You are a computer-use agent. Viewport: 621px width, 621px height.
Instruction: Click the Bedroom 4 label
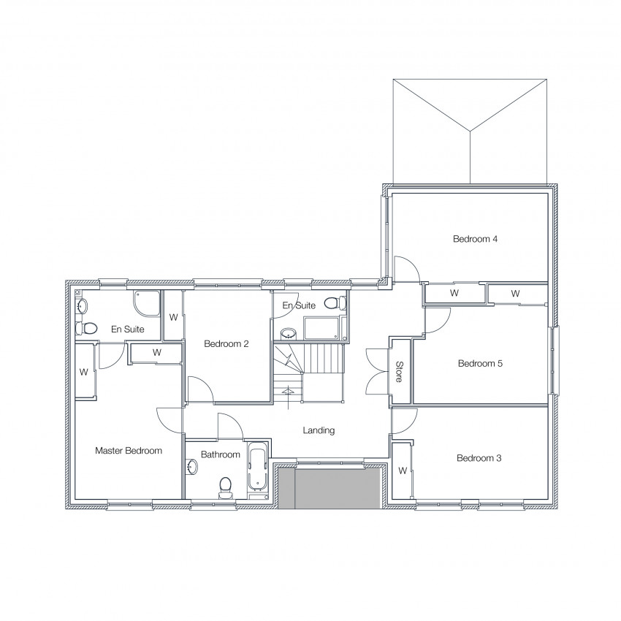tap(475, 239)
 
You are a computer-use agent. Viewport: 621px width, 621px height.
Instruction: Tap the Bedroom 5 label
tap(480, 363)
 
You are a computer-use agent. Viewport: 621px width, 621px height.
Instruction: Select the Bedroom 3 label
tap(479, 458)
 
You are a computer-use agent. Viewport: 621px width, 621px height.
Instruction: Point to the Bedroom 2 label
tap(226, 344)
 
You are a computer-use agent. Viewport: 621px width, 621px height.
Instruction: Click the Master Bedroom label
tap(129, 450)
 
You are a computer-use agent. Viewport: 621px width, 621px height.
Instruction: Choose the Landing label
tap(319, 430)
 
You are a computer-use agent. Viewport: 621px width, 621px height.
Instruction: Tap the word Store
tap(399, 371)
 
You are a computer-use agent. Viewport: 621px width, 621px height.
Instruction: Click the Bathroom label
tap(220, 454)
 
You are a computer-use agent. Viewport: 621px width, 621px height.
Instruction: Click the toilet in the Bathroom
tap(225, 488)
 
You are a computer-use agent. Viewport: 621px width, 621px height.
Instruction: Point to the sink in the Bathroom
tap(192, 466)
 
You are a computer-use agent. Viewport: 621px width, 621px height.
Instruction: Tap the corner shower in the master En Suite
tap(148, 304)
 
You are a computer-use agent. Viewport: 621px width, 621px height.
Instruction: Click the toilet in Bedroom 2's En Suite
tap(335, 303)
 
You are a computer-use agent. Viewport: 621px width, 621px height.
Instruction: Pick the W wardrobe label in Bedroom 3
tap(403, 470)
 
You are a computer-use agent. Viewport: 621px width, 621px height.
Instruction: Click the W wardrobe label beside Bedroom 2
tap(173, 317)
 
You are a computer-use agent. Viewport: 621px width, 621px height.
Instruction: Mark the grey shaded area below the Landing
tap(329, 488)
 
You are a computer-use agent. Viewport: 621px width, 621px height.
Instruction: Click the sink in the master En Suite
tap(83, 306)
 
